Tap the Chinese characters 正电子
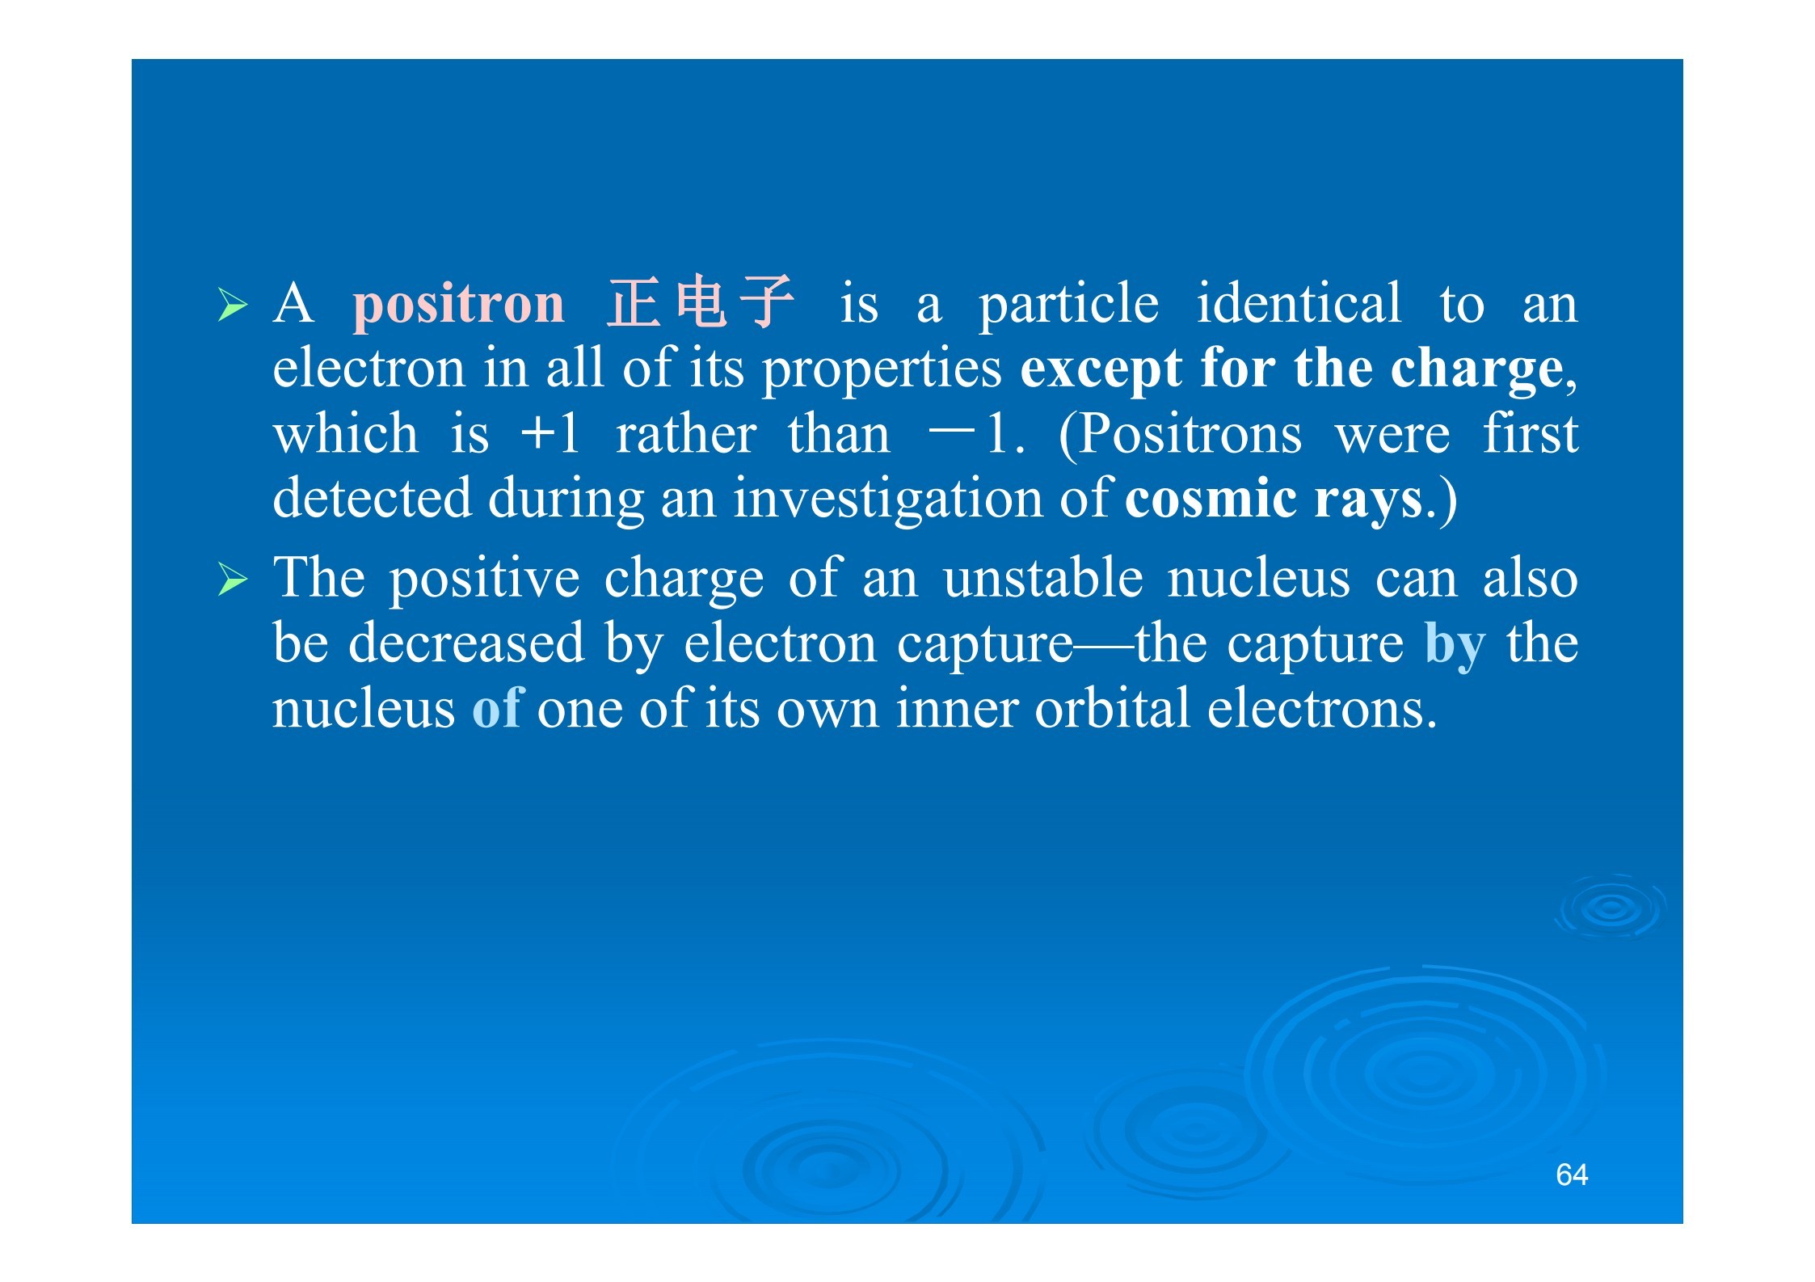tap(701, 302)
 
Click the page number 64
tap(1572, 1174)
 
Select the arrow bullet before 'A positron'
tap(233, 306)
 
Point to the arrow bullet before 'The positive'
tap(233, 580)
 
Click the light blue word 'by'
tap(1455, 647)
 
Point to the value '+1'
tap(550, 433)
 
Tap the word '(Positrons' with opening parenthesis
tap(1180, 436)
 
